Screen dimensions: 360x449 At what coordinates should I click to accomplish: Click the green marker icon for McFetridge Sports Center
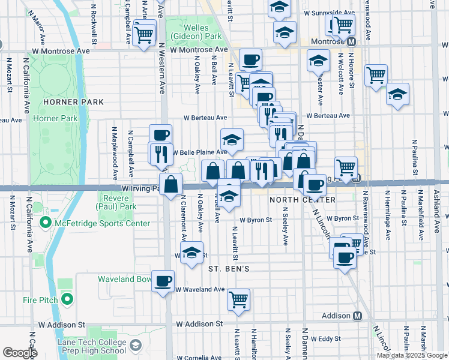[44, 224]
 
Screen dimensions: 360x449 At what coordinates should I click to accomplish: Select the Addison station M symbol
[358, 316]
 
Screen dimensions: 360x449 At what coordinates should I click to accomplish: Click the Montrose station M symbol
[352, 41]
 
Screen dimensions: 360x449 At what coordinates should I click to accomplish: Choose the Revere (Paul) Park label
[116, 203]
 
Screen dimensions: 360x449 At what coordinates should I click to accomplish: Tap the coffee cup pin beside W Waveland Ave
[163, 280]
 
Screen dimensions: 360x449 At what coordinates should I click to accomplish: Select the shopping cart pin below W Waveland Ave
[239, 299]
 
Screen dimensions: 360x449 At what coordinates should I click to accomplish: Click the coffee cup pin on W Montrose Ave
[250, 59]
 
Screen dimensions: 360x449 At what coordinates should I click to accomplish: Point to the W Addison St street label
[199, 324]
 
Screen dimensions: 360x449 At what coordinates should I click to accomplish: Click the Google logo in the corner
[20, 353]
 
